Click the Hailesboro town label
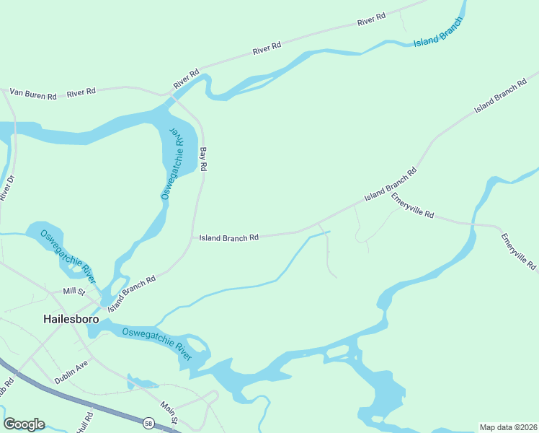click(x=71, y=318)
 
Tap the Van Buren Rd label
click(x=32, y=94)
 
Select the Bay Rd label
click(x=204, y=159)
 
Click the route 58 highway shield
click(x=148, y=422)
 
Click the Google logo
click(x=24, y=424)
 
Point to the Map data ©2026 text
click(x=508, y=427)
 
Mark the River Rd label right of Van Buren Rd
click(x=81, y=92)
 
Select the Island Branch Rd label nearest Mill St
click(x=132, y=293)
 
